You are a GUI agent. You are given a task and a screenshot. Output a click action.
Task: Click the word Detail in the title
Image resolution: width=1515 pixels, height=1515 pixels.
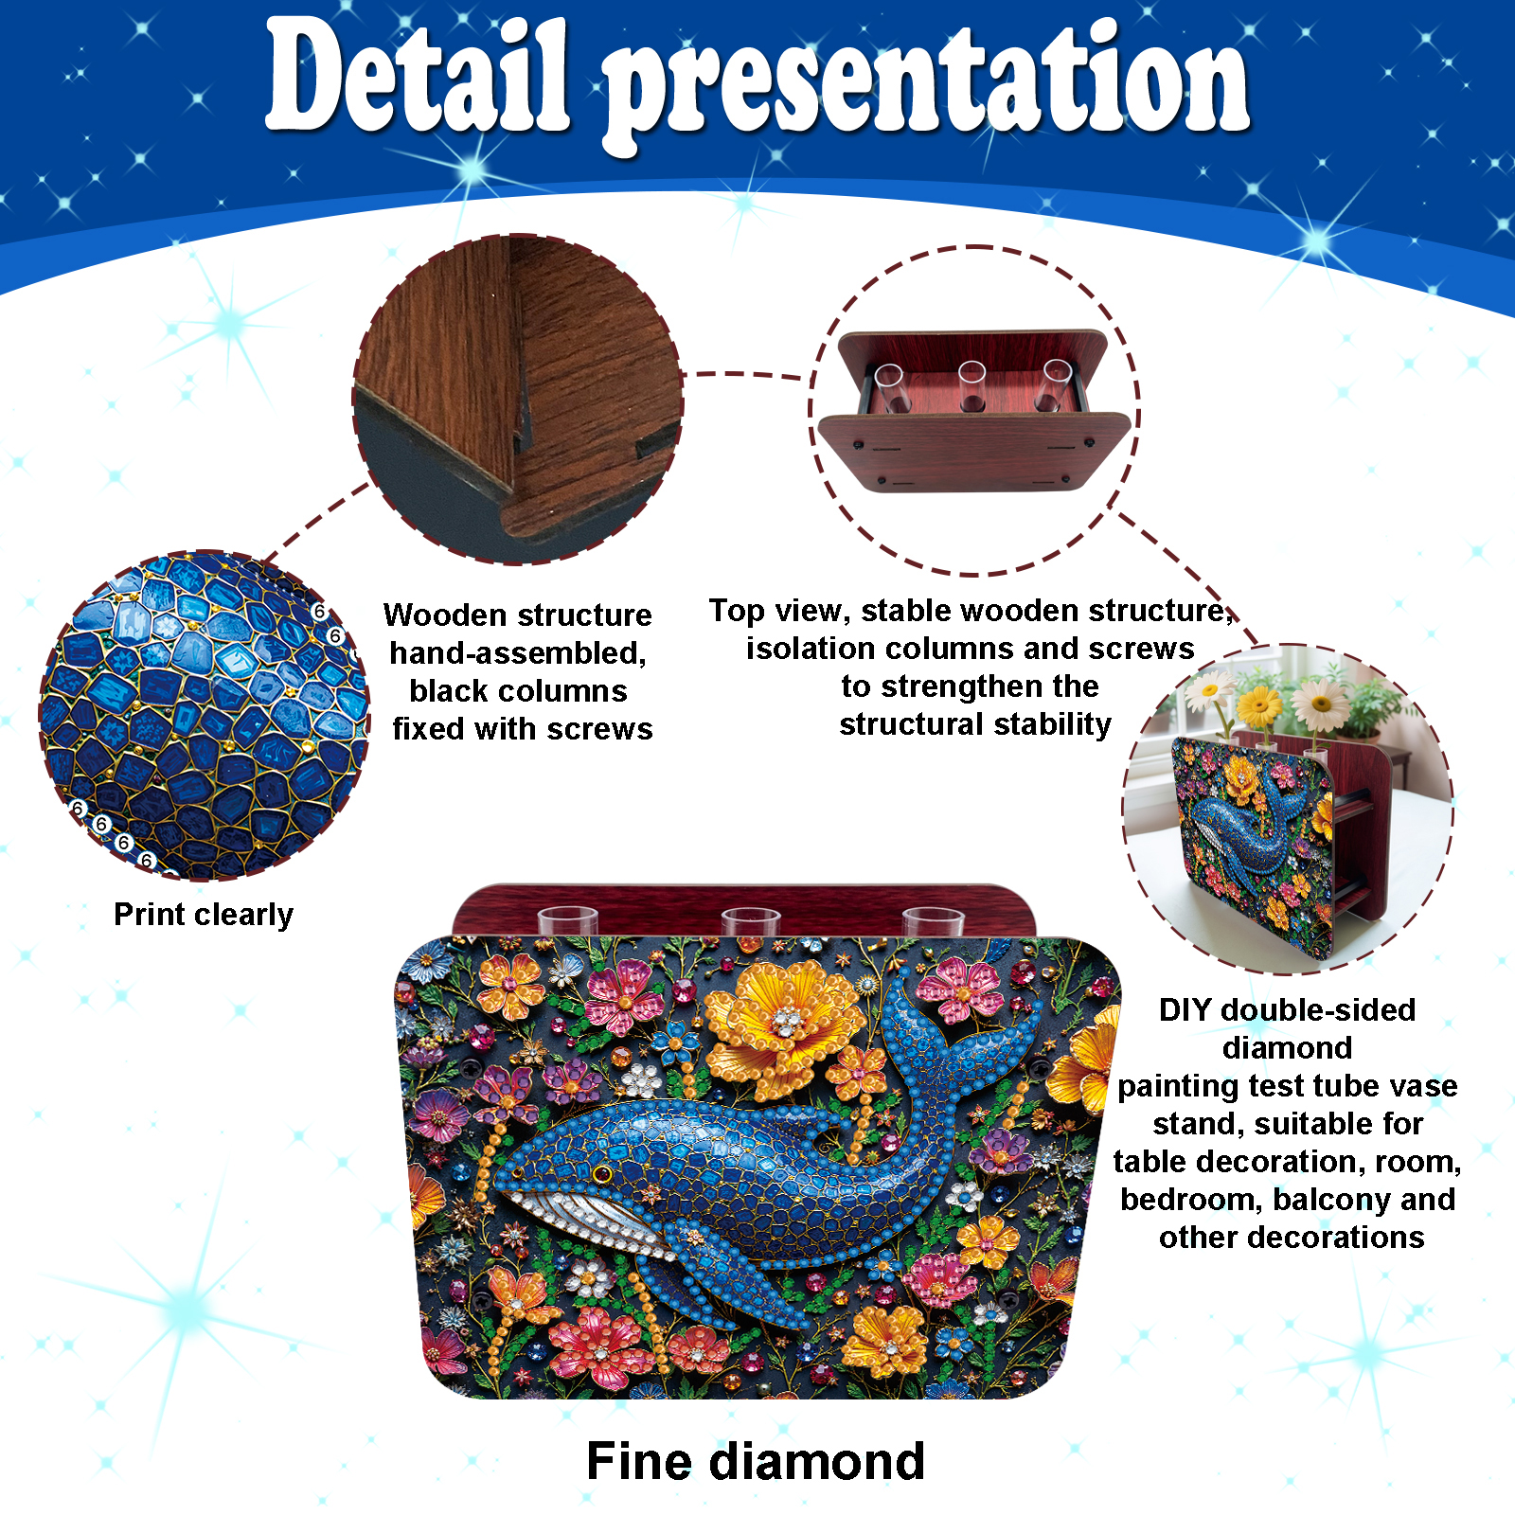(x=418, y=76)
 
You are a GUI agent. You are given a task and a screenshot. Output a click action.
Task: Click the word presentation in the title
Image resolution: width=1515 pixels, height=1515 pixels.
(x=928, y=85)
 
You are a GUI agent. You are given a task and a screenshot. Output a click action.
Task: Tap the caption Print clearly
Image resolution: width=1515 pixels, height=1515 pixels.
(x=204, y=915)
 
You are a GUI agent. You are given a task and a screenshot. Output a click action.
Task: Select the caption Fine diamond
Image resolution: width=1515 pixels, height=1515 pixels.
(x=756, y=1461)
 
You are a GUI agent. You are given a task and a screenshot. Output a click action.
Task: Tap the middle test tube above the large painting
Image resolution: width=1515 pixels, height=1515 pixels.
(x=751, y=921)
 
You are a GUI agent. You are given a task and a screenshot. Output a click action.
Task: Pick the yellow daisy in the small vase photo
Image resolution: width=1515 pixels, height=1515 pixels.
(x=1259, y=705)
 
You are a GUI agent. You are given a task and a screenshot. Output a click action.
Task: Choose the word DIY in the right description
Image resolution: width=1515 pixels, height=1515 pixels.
(x=1185, y=1010)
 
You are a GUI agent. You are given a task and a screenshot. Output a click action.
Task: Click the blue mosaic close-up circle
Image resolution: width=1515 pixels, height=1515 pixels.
(x=205, y=716)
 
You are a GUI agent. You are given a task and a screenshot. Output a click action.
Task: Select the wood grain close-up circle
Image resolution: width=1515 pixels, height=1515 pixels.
(x=518, y=399)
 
